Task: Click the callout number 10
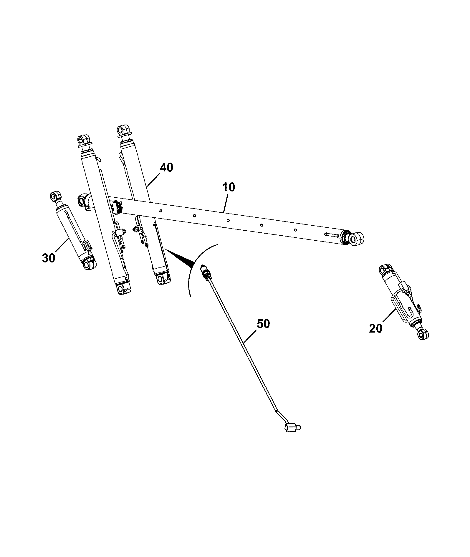coord(229,187)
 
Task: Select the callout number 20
coord(376,328)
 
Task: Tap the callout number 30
coord(49,258)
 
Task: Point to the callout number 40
coord(166,168)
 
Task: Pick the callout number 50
coord(263,324)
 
